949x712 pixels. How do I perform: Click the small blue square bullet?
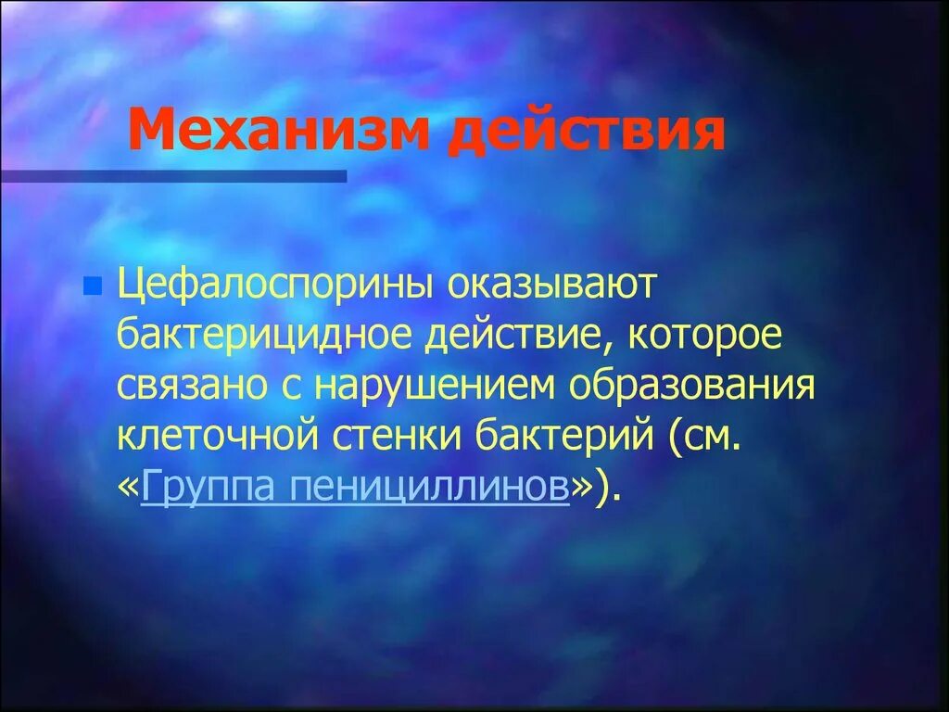[91, 287]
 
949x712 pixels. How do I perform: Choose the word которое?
[705, 336]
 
